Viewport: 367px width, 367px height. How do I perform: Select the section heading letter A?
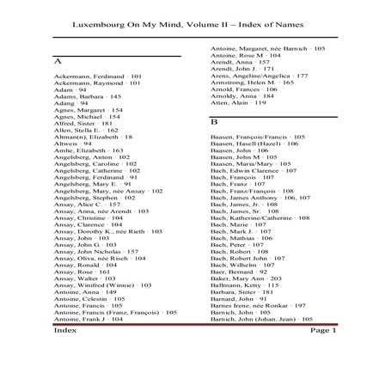point(58,61)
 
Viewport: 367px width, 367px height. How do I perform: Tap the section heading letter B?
point(214,121)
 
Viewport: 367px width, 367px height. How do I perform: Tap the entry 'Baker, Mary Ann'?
point(246,278)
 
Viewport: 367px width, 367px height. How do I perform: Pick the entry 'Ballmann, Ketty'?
point(240,284)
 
